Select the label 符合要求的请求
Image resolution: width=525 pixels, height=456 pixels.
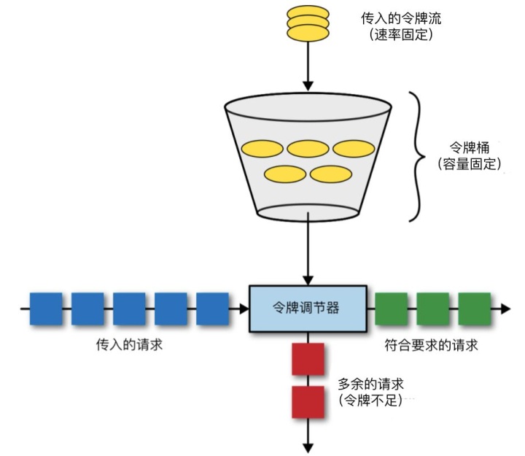pyautogui.click(x=431, y=344)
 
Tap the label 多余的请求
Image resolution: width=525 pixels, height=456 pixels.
pyautogui.click(x=371, y=383)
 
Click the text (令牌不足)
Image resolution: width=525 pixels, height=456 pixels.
pyautogui.click(x=371, y=400)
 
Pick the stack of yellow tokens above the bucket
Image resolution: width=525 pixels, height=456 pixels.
pyautogui.click(x=308, y=22)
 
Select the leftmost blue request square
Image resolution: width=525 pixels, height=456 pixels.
pyautogui.click(x=45, y=309)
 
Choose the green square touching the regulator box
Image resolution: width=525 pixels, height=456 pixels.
pyautogui.click(x=390, y=308)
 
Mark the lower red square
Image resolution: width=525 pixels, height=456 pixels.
pyautogui.click(x=307, y=403)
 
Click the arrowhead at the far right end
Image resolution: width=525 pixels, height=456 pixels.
pyautogui.click(x=505, y=309)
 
